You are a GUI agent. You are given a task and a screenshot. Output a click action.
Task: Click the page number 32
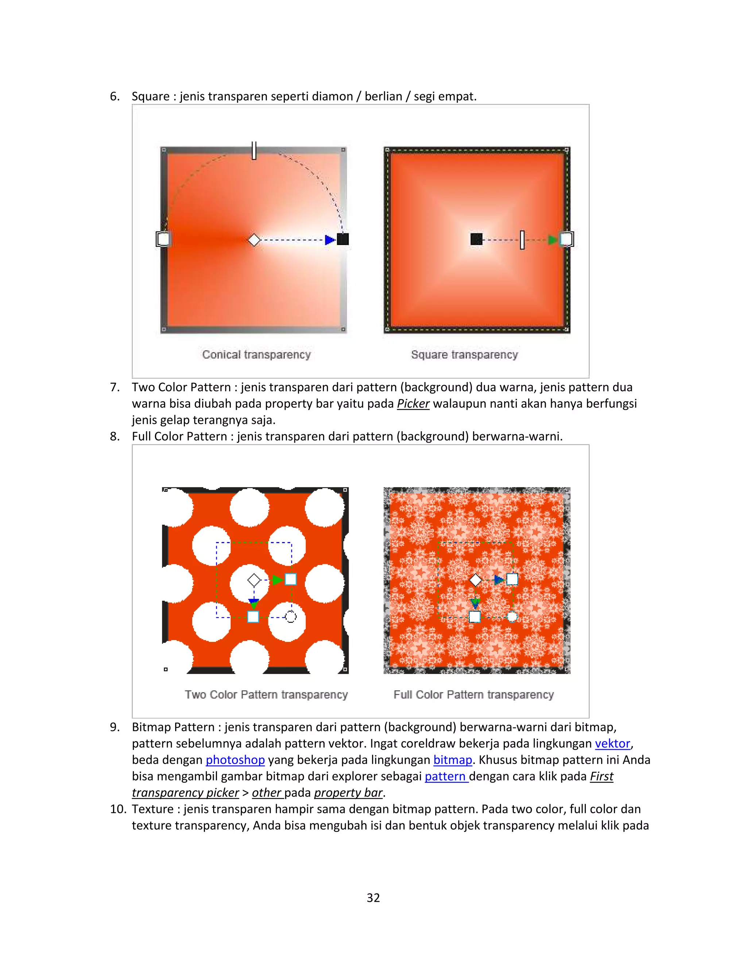(x=373, y=897)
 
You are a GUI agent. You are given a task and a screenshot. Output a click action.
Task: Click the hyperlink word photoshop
(x=235, y=760)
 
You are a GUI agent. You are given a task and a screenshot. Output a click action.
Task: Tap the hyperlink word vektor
(x=612, y=744)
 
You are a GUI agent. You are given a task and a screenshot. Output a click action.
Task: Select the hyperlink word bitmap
(x=452, y=760)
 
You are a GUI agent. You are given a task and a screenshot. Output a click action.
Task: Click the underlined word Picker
(x=413, y=404)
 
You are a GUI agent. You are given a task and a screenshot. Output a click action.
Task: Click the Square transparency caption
(x=464, y=355)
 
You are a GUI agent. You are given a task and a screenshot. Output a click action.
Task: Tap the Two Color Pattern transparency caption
(x=266, y=695)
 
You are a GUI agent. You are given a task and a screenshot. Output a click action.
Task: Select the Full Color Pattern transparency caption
(x=473, y=695)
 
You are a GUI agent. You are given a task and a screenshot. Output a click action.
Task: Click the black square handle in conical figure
(x=343, y=239)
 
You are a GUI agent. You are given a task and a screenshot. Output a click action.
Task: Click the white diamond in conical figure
(x=254, y=240)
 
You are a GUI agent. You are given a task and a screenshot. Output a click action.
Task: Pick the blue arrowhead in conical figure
(x=330, y=240)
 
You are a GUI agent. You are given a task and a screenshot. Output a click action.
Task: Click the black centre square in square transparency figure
(x=476, y=239)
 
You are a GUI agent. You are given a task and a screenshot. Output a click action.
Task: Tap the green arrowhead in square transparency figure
(x=552, y=240)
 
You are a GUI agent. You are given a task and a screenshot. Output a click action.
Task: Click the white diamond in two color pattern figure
(x=254, y=580)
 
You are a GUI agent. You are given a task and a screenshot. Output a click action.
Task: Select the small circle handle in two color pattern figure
(x=291, y=616)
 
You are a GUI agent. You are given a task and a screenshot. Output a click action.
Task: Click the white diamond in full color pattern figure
(x=475, y=580)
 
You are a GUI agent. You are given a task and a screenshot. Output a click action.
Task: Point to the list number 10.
(x=118, y=809)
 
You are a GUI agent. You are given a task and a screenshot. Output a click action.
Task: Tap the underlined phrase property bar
(x=348, y=792)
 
